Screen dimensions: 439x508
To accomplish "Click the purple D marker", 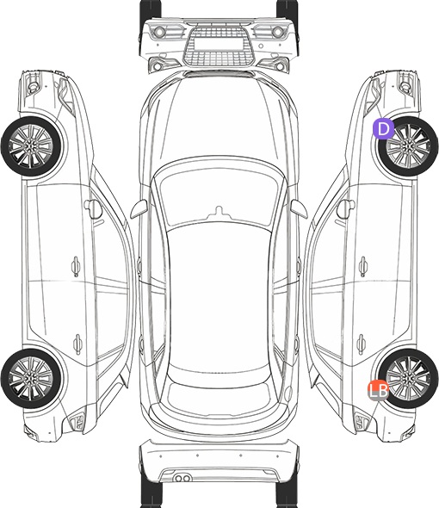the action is click(x=383, y=128).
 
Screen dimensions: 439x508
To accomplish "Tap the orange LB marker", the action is click(x=378, y=390).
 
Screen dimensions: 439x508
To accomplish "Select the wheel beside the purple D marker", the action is click(x=408, y=146).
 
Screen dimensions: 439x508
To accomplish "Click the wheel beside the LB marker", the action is click(x=408, y=378).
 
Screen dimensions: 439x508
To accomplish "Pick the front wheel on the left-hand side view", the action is click(x=31, y=146).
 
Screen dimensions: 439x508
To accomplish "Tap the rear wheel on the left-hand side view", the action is click(x=31, y=378).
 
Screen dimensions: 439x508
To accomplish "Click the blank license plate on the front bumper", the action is click(x=219, y=44).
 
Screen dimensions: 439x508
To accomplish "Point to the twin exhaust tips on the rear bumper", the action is click(x=182, y=478).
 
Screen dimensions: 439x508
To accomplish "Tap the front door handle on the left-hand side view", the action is click(x=76, y=266).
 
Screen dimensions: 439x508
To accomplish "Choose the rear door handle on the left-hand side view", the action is click(x=77, y=344).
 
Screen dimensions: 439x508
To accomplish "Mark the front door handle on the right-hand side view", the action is click(x=363, y=266).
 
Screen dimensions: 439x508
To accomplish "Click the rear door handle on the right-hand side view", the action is click(x=362, y=344).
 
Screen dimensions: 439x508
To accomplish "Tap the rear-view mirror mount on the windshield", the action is click(x=219, y=213).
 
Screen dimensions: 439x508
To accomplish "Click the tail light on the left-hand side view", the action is click(x=77, y=422).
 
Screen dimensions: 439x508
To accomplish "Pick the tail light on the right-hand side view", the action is click(x=362, y=422).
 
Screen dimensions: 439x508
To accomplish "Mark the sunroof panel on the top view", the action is click(x=219, y=298).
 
